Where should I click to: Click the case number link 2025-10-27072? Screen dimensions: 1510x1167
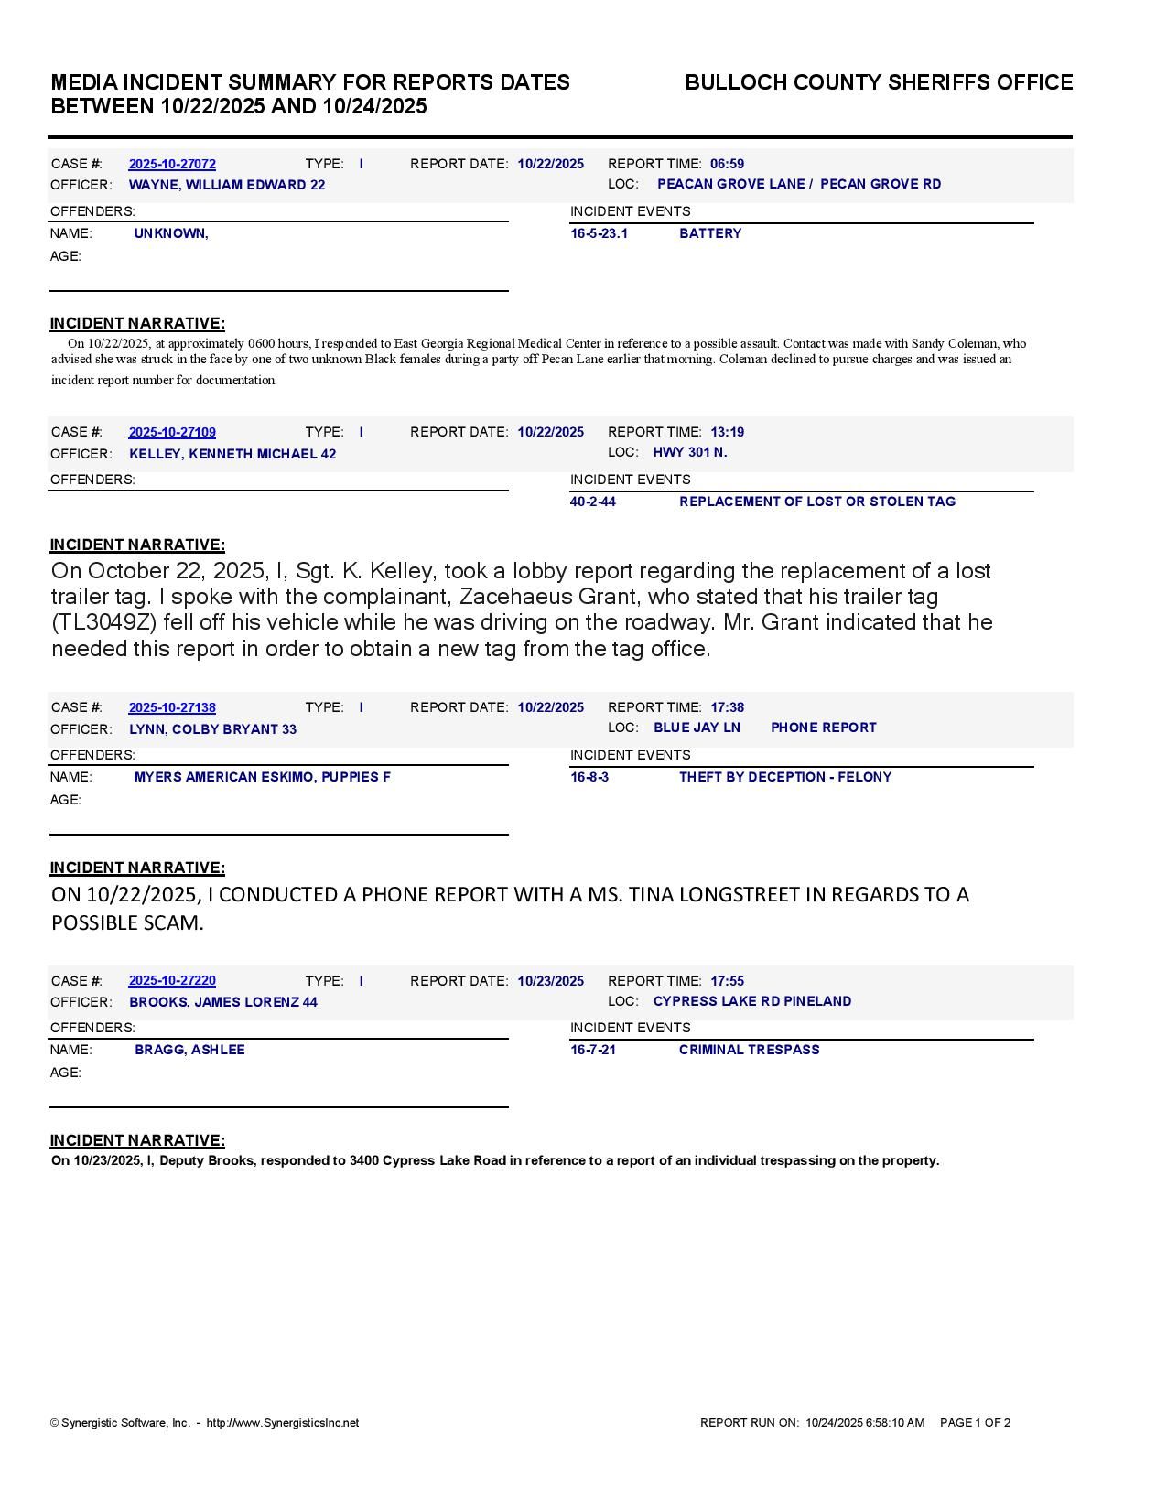[x=172, y=164]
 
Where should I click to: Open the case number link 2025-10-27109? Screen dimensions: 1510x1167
[x=172, y=432]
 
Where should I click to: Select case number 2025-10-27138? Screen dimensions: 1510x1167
[x=172, y=707]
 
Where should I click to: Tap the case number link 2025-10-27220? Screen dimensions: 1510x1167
[x=172, y=981]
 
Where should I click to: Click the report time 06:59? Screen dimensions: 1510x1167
[x=727, y=164]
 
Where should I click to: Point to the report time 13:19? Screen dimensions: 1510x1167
[x=727, y=432]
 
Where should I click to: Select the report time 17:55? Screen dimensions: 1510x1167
[x=727, y=981]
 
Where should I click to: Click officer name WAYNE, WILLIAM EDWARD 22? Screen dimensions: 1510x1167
[x=227, y=185]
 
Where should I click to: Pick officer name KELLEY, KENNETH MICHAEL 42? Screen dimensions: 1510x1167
[x=232, y=454]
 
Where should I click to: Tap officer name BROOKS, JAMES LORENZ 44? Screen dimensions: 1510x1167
[x=223, y=1002]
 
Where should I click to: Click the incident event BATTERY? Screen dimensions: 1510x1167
[x=710, y=233]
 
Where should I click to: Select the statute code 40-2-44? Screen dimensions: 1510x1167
[x=593, y=502]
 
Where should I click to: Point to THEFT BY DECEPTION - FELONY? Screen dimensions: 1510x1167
[x=785, y=777]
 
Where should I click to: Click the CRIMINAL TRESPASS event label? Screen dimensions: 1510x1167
[x=749, y=1050]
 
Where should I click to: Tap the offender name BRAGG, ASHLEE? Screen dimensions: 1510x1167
[x=189, y=1050]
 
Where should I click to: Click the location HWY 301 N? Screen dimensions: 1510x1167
[x=690, y=452]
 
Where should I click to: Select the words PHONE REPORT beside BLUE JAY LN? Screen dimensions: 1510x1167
[x=823, y=728]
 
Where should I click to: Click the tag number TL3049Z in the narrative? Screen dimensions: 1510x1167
[x=104, y=622]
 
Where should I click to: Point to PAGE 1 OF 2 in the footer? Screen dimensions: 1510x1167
[x=975, y=1423]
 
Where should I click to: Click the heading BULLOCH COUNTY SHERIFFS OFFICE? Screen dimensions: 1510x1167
[x=879, y=82]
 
